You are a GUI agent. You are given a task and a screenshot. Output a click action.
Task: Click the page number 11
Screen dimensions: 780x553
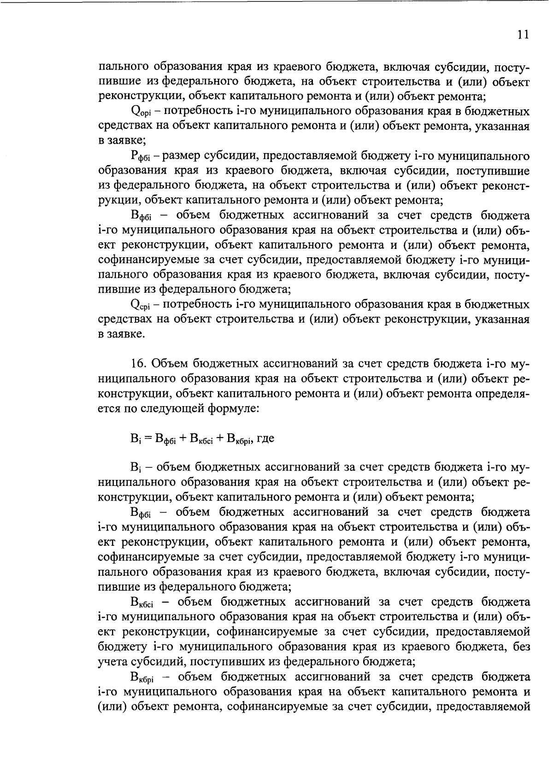522,35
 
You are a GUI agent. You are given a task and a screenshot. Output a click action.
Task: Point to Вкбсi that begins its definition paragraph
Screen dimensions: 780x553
142,603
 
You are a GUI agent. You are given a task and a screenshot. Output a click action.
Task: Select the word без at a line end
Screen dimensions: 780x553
520,647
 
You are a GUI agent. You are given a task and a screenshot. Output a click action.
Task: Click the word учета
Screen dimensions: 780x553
112,662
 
